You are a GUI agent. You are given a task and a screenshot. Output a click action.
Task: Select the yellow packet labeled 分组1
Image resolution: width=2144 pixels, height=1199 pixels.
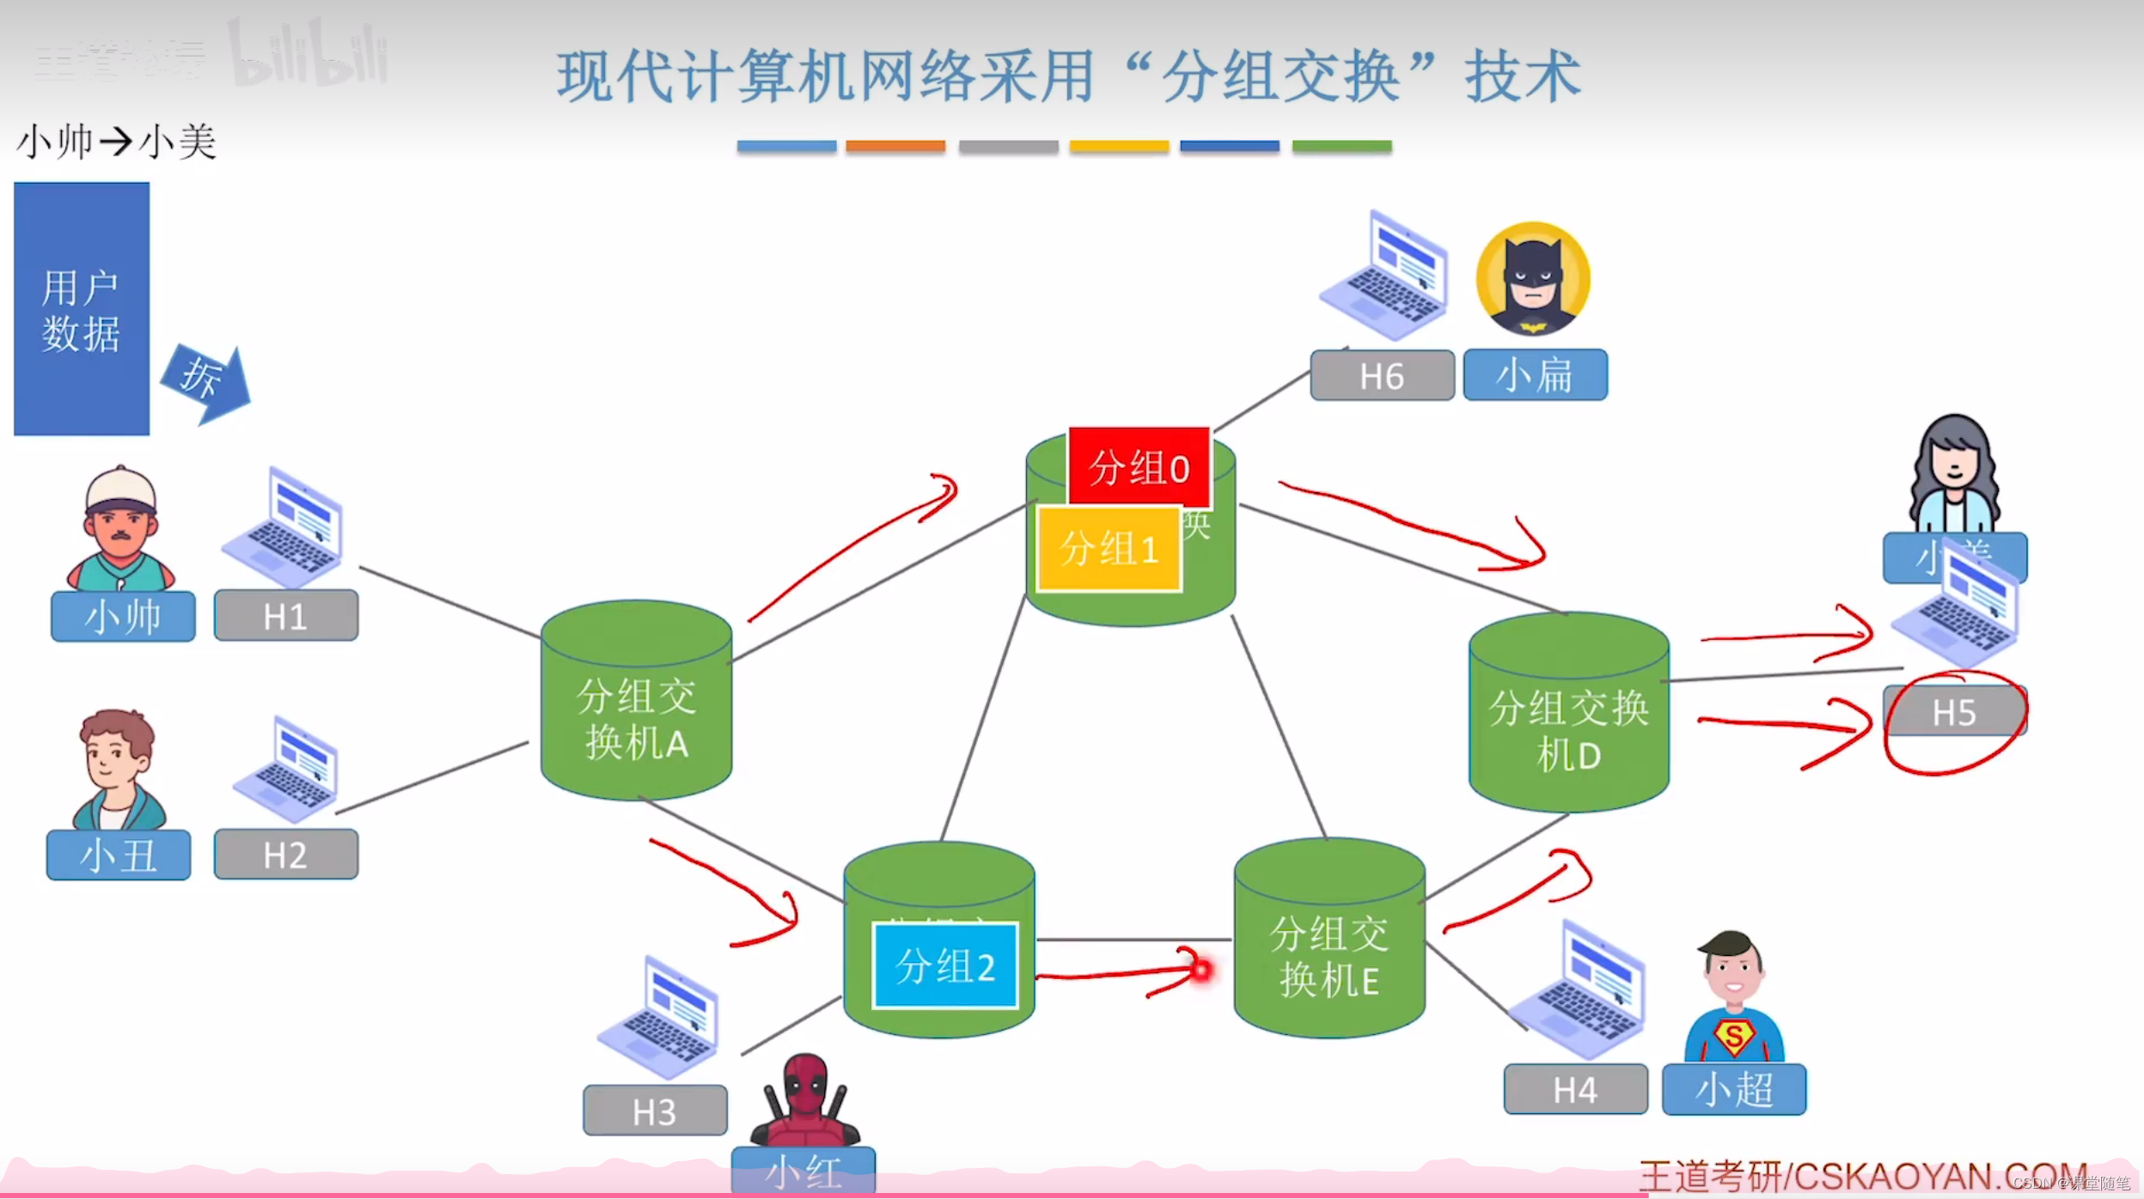tap(1109, 548)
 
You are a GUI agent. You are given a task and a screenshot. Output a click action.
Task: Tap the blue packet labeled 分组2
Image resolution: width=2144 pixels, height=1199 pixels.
tap(944, 965)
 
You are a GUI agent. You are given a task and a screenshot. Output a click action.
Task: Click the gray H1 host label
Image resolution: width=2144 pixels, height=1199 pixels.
tap(285, 616)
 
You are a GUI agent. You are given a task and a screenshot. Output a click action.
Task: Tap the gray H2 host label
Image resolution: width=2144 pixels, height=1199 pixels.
tap(285, 855)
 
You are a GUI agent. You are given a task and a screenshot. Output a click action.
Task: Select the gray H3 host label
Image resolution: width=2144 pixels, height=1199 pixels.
tap(654, 1111)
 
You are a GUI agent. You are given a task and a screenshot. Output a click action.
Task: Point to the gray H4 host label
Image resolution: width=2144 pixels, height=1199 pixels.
tap(1575, 1089)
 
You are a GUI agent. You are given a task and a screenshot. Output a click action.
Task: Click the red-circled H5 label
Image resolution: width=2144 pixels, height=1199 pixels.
tap(1954, 712)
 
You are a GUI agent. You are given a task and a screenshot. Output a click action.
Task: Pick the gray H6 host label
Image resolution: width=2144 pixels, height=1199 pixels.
tap(1382, 375)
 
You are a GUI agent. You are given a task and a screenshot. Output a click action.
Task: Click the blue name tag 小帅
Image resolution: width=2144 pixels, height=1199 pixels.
tap(123, 616)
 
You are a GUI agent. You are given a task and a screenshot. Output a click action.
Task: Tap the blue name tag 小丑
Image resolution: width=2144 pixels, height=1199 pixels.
tap(119, 855)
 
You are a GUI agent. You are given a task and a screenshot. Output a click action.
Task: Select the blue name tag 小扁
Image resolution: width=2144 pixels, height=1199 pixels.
tap(1535, 375)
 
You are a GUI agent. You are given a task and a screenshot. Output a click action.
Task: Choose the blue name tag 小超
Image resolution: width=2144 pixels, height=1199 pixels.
tap(1733, 1089)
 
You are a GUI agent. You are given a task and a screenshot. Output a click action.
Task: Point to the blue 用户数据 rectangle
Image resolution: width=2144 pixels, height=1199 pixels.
tap(82, 309)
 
